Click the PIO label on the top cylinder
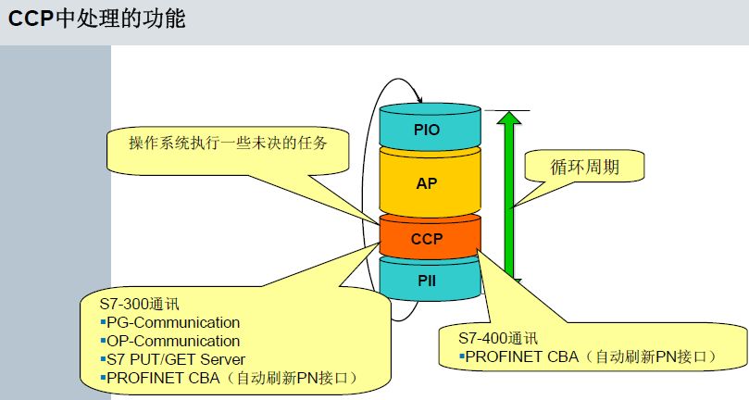pos(427,130)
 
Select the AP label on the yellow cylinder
pos(427,183)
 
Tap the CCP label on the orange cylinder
pos(427,239)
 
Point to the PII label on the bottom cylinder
pos(427,281)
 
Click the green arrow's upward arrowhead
pos(508,118)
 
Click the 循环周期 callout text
pos(585,167)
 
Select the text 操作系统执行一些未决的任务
pos(229,143)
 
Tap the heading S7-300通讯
pos(140,304)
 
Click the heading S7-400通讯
pos(498,338)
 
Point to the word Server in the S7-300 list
pos(222,359)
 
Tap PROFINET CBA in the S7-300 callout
pos(163,378)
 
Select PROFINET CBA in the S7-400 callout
pos(521,356)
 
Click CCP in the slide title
pos(31,19)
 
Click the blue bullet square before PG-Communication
pos(103,322)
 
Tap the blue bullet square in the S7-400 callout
pos(461,356)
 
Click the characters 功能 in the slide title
pos(169,19)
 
